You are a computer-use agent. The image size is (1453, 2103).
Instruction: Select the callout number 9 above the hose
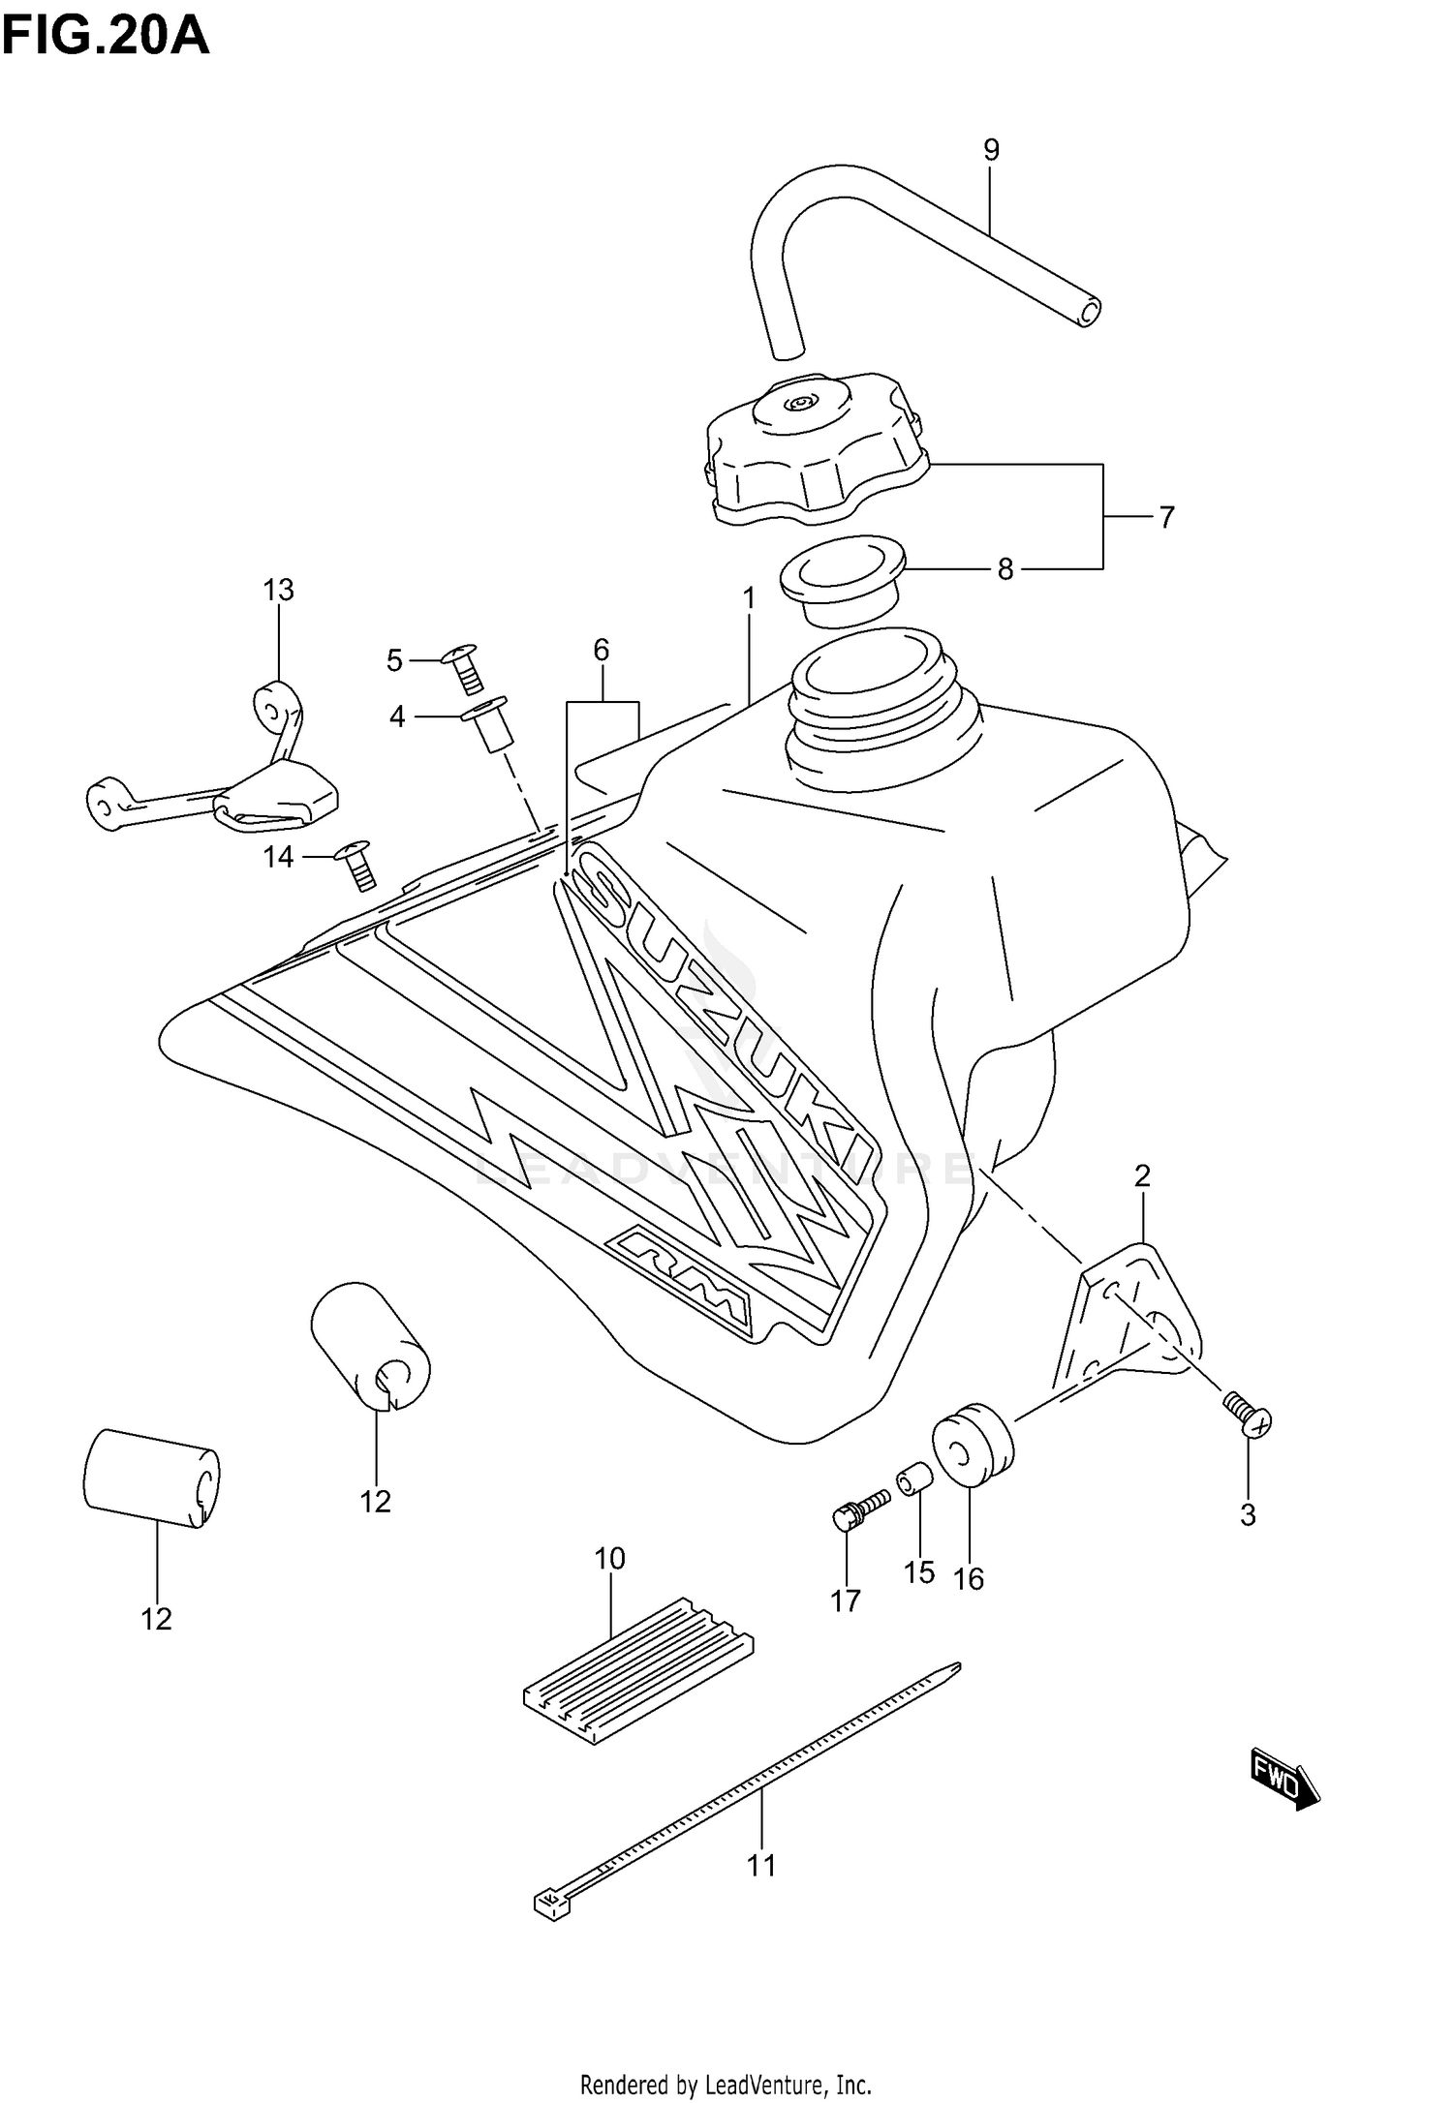point(990,150)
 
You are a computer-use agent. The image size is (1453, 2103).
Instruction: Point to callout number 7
point(1166,518)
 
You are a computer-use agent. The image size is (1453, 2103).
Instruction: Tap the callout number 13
point(278,590)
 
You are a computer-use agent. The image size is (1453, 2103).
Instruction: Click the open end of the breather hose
point(1090,312)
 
